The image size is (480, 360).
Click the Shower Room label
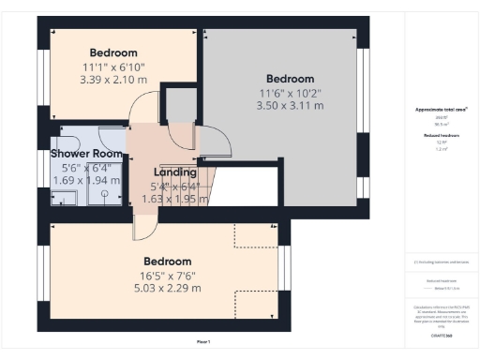click(86, 153)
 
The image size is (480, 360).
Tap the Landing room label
click(174, 172)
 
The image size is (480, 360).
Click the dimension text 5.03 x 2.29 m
click(167, 289)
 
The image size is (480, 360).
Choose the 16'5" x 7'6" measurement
click(167, 275)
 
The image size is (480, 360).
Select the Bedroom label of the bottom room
click(167, 261)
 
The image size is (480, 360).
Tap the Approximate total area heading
click(441, 110)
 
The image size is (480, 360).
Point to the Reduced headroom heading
click(441, 135)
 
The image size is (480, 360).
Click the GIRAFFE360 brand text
click(442, 334)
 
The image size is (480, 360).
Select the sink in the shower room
click(64, 197)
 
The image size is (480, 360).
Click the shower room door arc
click(139, 136)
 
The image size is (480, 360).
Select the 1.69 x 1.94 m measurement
click(86, 180)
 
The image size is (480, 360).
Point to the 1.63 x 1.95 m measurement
click(174, 199)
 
